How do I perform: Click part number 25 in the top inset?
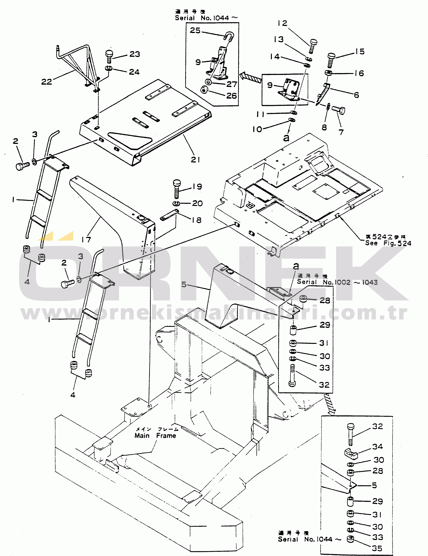(x=195, y=31)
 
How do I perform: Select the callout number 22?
(x=47, y=82)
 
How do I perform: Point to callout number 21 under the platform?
(x=195, y=160)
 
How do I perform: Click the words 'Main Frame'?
(x=155, y=436)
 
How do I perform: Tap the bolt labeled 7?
(x=339, y=110)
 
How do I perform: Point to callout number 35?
(x=377, y=548)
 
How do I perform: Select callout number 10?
(x=257, y=129)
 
